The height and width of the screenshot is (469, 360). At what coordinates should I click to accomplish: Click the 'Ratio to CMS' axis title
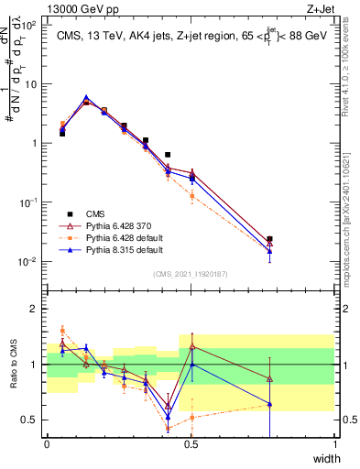tap(14, 365)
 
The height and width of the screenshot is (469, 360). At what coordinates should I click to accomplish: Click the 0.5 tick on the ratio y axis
tap(32, 420)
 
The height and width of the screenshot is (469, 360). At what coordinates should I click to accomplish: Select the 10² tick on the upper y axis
tap(31, 25)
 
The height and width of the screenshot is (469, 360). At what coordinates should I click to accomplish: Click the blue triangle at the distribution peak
tap(86, 97)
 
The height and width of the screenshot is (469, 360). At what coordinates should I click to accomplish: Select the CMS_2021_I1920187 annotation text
tap(191, 273)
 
